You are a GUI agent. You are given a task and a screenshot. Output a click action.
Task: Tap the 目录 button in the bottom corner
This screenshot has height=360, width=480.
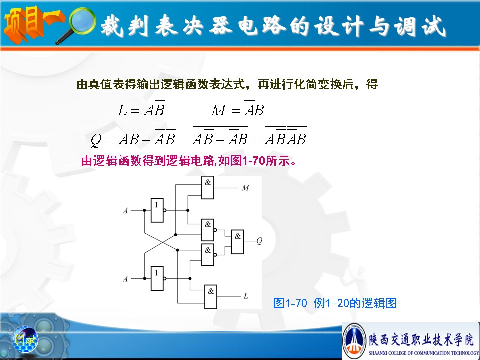25,339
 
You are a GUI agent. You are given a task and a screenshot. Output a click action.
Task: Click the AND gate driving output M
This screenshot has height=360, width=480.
208,187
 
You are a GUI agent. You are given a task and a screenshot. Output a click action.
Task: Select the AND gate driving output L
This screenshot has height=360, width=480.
211,297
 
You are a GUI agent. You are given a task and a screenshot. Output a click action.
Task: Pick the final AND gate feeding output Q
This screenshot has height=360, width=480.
238,242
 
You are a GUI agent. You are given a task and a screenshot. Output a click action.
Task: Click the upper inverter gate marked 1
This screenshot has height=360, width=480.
157,210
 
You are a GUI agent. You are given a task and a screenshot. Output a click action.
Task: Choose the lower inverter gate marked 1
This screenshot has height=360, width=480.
157,278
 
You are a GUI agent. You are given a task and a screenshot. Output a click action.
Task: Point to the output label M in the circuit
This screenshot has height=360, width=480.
246,188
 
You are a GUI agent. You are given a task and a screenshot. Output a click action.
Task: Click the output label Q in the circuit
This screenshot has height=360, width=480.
259,241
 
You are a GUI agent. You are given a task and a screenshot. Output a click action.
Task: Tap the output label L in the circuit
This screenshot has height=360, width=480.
246,296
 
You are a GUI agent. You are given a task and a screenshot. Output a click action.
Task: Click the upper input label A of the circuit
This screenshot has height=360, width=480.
125,211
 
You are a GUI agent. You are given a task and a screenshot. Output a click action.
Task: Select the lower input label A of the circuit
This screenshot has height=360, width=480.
125,279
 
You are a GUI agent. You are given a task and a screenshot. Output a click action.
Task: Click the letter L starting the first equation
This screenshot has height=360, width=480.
122,110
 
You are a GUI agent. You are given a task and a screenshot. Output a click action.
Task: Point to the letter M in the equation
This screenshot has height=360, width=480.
218,110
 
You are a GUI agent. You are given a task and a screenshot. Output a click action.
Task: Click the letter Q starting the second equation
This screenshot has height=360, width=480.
96,140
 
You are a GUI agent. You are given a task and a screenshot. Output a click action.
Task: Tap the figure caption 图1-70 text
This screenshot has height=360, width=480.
290,303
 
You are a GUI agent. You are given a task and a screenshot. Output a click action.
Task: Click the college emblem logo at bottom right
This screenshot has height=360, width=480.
354,340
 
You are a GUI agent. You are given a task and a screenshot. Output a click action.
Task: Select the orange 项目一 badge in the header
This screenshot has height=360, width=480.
33,25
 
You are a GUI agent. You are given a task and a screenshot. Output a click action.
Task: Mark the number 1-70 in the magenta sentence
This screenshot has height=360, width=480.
254,160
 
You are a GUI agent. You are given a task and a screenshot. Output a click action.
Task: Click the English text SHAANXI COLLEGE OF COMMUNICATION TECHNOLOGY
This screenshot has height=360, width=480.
423,353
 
